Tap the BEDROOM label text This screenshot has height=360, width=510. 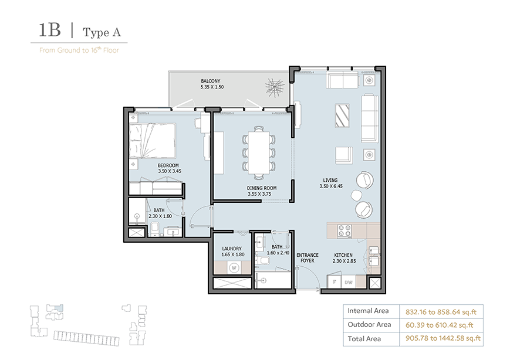pyautogui.click(x=167, y=166)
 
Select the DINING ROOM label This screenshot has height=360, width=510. pyautogui.click(x=261, y=188)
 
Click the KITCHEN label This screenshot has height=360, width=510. pyautogui.click(x=343, y=255)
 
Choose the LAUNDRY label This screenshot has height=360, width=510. pyautogui.click(x=232, y=249)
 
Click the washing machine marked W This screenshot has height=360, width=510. pyautogui.click(x=234, y=268)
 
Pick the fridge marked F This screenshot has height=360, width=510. pyautogui.click(x=334, y=283)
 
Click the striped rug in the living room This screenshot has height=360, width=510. pyautogui.click(x=343, y=115)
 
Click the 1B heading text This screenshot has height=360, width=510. pyautogui.click(x=50, y=31)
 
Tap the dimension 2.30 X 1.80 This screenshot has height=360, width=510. pyautogui.click(x=160, y=216)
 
